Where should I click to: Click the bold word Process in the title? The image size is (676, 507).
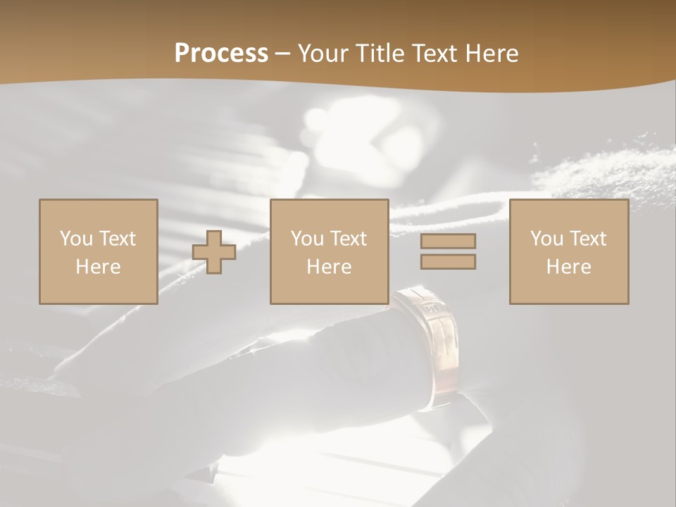pyautogui.click(x=221, y=54)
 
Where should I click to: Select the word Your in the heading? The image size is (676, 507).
pyautogui.click(x=325, y=54)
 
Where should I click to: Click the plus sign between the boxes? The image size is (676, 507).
pyautogui.click(x=214, y=252)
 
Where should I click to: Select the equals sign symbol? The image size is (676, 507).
pyautogui.click(x=448, y=251)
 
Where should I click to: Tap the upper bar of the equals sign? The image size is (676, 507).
pyautogui.click(x=448, y=242)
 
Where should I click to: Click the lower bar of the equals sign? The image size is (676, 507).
pyautogui.click(x=448, y=261)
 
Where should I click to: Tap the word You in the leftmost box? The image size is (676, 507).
pyautogui.click(x=77, y=239)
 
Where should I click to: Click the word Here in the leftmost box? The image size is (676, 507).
pyautogui.click(x=98, y=267)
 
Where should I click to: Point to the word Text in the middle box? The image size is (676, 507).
pyautogui.click(x=348, y=239)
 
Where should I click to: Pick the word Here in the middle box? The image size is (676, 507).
pyautogui.click(x=329, y=267)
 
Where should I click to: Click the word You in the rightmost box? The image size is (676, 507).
pyautogui.click(x=547, y=239)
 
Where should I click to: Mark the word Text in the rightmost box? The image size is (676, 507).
pyautogui.click(x=587, y=239)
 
